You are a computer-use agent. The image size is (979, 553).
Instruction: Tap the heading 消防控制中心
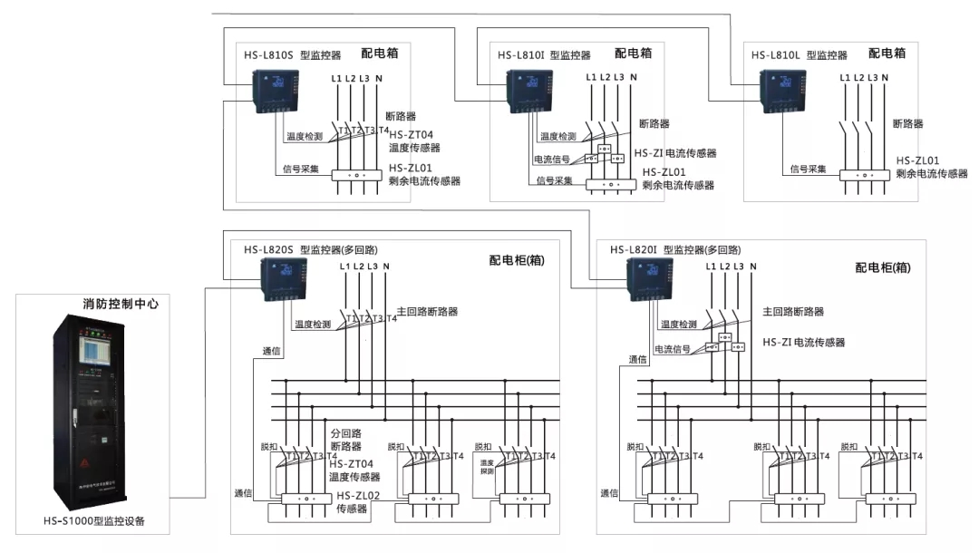[121, 305]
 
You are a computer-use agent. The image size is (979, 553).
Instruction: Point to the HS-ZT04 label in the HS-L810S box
[411, 135]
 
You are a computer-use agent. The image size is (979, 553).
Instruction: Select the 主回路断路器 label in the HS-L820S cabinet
[427, 311]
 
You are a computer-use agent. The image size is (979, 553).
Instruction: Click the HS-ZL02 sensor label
[359, 496]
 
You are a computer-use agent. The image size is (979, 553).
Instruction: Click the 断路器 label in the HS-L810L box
[907, 123]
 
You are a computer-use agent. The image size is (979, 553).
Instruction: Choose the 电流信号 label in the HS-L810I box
[551, 160]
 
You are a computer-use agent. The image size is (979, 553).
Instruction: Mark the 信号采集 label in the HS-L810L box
[808, 169]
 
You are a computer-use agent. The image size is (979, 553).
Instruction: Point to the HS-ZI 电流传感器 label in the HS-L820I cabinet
[803, 343]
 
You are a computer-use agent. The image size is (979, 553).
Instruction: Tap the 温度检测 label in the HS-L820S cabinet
[312, 324]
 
